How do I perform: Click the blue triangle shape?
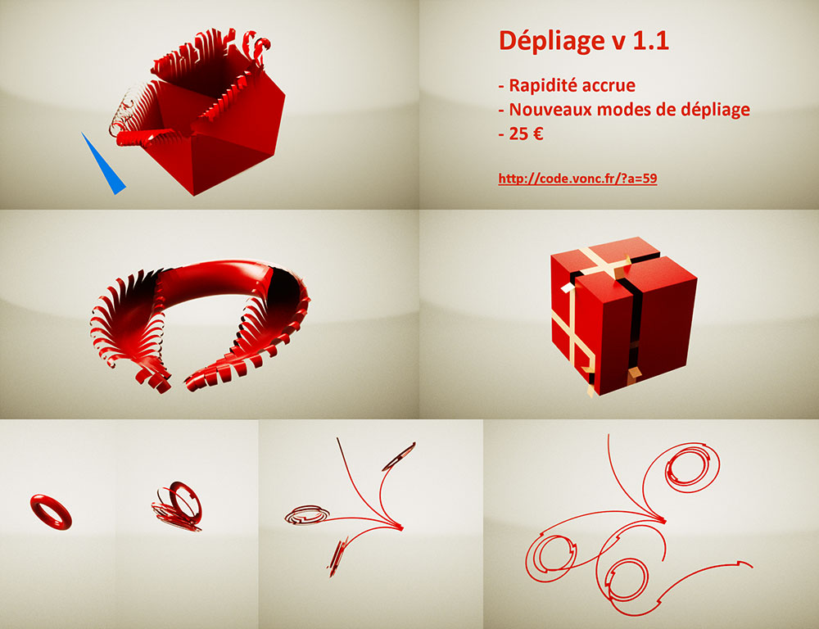click(105, 168)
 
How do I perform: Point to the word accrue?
click(609, 85)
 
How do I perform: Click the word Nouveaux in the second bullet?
click(550, 110)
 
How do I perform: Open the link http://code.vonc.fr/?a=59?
click(577, 178)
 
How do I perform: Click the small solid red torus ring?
click(51, 509)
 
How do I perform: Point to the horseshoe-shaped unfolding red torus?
click(201, 324)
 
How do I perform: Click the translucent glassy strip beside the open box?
click(123, 115)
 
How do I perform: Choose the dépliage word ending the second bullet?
click(713, 110)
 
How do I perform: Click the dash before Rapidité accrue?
click(501, 85)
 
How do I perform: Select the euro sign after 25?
click(537, 134)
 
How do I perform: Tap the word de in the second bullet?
click(663, 110)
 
